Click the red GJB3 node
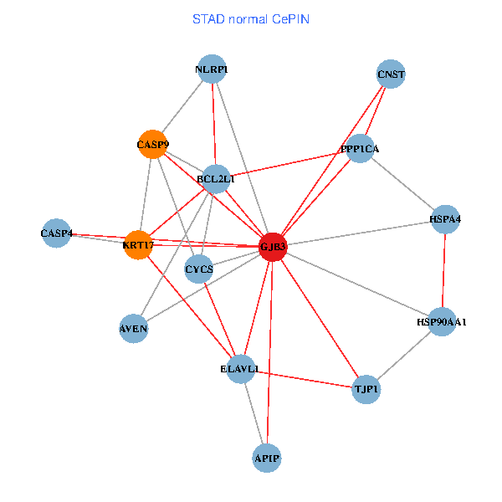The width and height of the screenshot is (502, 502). pos(273,247)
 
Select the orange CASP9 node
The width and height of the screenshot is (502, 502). pos(152,145)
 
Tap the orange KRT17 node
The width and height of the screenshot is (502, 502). pos(138,245)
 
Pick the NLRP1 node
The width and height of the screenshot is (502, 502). pos(212,69)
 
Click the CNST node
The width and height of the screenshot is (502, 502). pos(391,74)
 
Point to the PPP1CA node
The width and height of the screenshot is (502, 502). pos(360,149)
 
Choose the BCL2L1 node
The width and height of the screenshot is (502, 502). pos(216,178)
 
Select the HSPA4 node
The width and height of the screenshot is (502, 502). pos(445,219)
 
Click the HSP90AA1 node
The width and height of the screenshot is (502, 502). pos(441,321)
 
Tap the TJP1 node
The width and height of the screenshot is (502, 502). pos(366,389)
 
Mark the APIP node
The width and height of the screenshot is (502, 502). pos(266,458)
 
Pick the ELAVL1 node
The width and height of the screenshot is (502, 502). pos(240,369)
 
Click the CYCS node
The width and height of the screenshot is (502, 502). pos(199,269)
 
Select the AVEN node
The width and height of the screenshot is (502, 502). pos(134,329)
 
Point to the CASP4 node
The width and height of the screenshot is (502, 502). pos(56,233)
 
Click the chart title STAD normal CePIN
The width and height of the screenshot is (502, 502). pos(250,18)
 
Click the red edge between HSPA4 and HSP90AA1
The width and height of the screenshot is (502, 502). pos(443,270)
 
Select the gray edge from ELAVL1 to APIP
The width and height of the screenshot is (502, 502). pos(253,413)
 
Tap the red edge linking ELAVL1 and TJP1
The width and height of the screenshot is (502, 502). pos(303,379)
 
